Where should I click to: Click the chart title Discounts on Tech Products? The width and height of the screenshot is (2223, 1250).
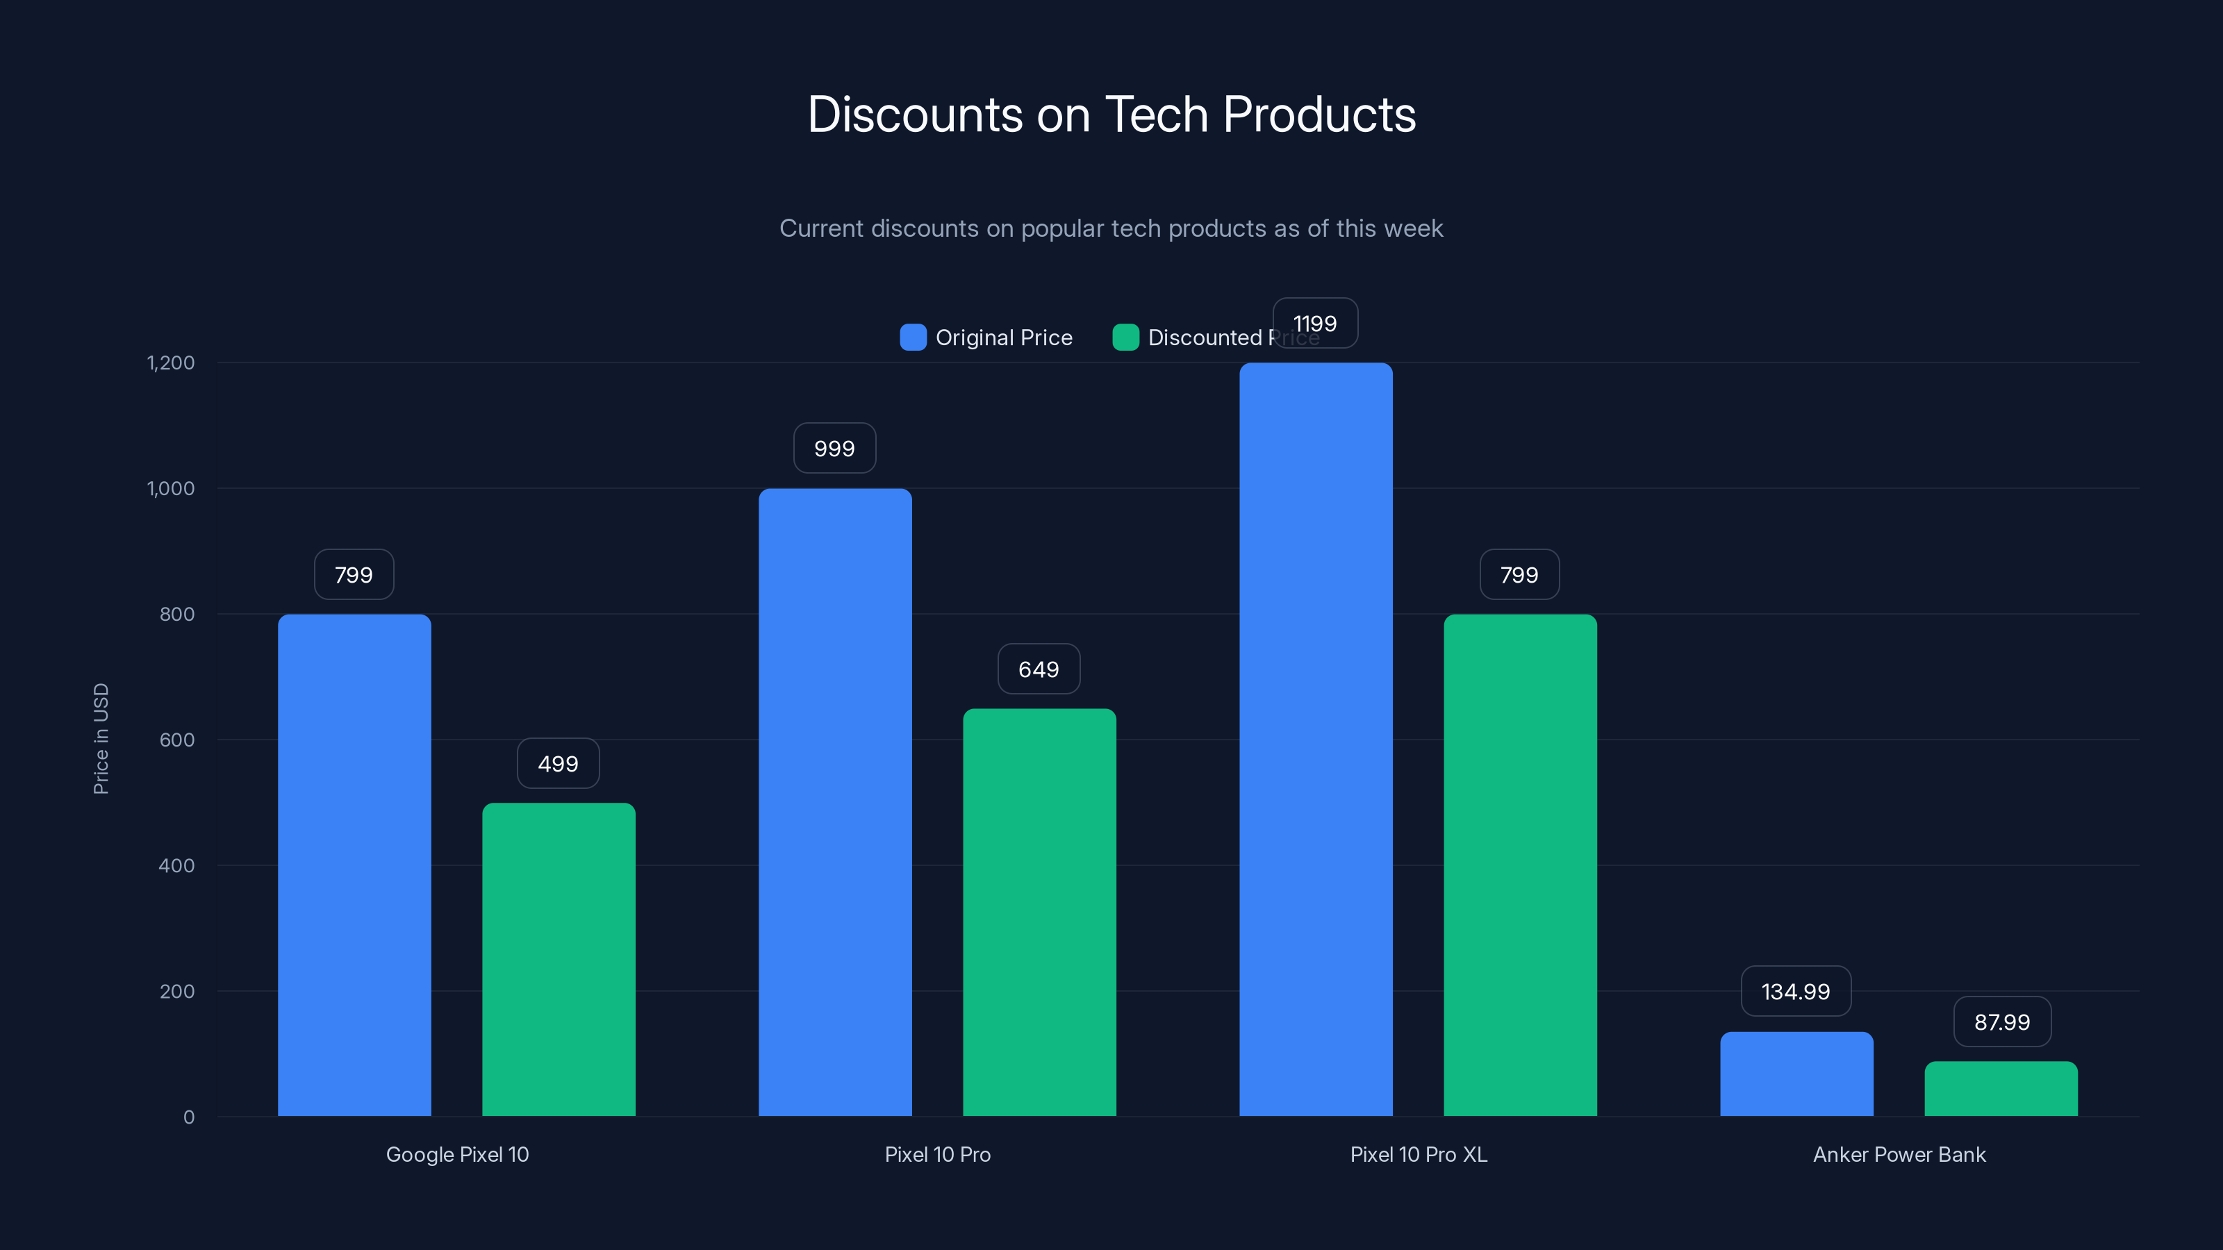pos(1111,115)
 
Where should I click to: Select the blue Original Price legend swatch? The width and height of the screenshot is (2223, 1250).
pos(913,337)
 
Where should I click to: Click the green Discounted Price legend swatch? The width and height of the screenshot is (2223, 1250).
pos(1125,337)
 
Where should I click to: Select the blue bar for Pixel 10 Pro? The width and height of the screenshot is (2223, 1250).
pos(834,802)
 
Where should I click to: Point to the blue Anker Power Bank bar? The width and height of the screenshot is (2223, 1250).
pos(1796,1074)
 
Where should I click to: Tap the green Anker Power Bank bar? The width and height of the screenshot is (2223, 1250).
pos(2001,1089)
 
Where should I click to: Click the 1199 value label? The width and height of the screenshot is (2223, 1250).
pos(1315,324)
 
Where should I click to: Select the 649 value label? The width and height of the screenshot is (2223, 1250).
pos(1038,669)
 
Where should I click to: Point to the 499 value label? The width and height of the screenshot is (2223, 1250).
pos(557,763)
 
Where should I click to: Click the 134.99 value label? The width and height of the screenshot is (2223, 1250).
pos(1795,991)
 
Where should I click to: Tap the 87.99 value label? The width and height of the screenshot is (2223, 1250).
pos(2001,1022)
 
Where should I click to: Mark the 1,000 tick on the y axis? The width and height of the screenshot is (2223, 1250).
pos(171,488)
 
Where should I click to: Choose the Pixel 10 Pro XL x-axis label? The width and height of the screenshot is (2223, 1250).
pos(1418,1154)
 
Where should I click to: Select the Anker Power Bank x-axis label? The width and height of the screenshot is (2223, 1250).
pos(1899,1154)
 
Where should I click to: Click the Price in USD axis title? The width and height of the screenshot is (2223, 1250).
pos(101,738)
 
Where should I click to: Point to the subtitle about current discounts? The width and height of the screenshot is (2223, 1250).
pos(1111,228)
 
